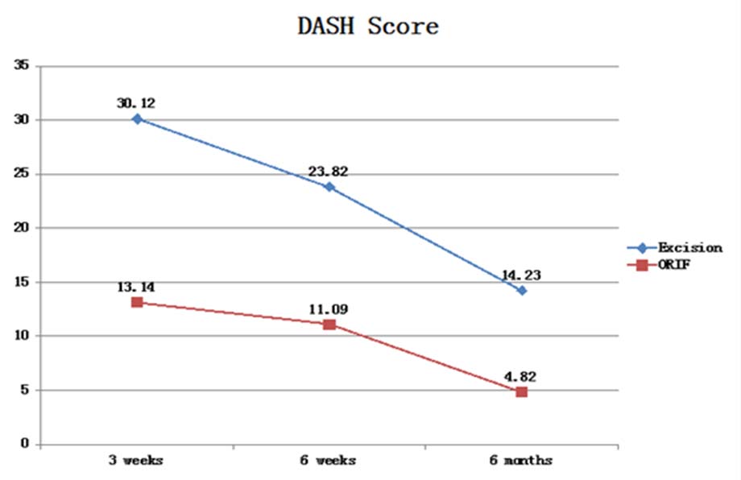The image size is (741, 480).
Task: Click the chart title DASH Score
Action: point(368,26)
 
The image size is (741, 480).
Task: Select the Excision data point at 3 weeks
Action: point(137,118)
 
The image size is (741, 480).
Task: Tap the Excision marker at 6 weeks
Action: point(329,187)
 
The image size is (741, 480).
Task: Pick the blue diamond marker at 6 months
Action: point(522,290)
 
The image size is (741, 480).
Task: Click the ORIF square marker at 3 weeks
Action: point(137,302)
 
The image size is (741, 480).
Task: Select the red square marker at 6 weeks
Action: point(329,325)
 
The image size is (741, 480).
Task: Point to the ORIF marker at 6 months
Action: point(522,391)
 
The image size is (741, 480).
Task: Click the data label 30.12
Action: point(136,103)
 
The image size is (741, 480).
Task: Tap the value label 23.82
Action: point(327,171)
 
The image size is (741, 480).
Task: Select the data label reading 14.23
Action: point(521,274)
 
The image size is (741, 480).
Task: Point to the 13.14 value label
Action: point(135,287)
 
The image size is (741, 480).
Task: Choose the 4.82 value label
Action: point(520,375)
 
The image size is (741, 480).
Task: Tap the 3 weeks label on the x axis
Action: point(136,460)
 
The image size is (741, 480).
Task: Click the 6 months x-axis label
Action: point(522,460)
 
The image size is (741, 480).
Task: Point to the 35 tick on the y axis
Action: point(22,66)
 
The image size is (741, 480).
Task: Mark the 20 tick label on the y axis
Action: point(22,228)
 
